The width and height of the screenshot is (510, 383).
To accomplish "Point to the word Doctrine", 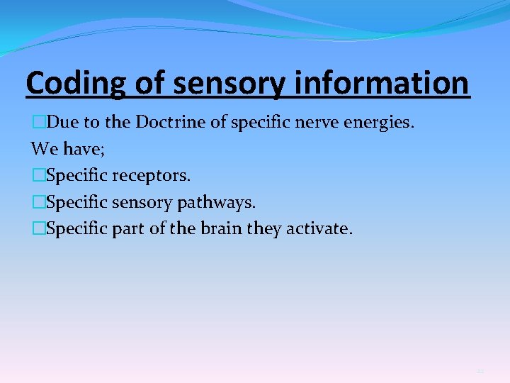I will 170,122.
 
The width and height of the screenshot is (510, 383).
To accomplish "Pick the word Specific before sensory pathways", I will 76,203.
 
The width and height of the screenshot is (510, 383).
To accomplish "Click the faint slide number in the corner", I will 480,371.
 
